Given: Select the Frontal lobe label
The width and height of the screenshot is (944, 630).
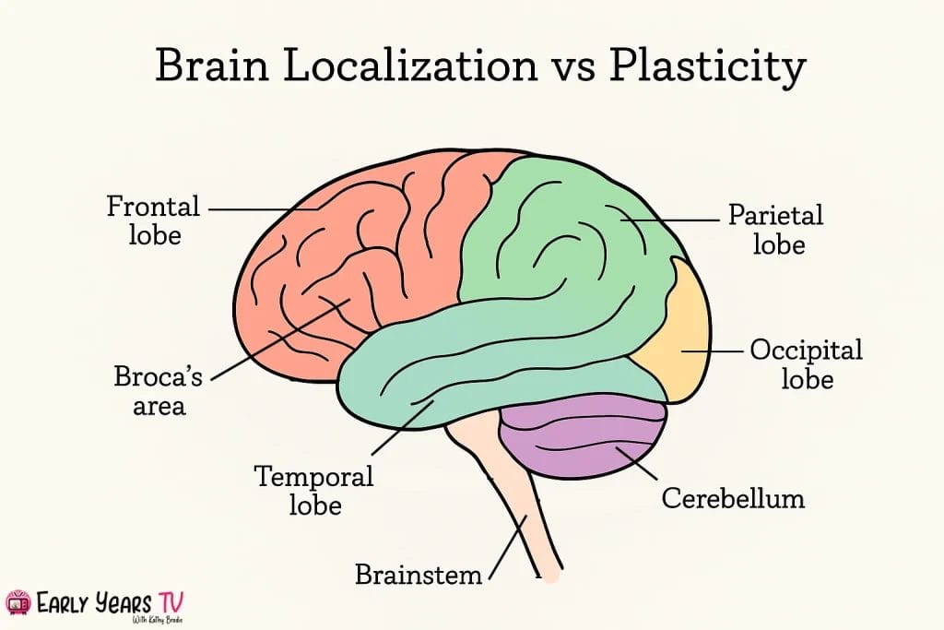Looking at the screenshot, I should point(153,220).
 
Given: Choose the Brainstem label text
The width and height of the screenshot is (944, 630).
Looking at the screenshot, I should point(419,575).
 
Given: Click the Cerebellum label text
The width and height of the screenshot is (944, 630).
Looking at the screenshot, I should point(733,499).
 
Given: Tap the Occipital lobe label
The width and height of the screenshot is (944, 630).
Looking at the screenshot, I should point(806,364).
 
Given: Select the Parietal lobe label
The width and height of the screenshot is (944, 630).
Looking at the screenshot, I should point(775,230).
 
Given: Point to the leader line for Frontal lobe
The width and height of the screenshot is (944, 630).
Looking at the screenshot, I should point(263,208).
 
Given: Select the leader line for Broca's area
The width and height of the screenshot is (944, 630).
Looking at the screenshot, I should point(277,340).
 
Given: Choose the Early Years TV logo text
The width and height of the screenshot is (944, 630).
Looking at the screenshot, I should point(112,604).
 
